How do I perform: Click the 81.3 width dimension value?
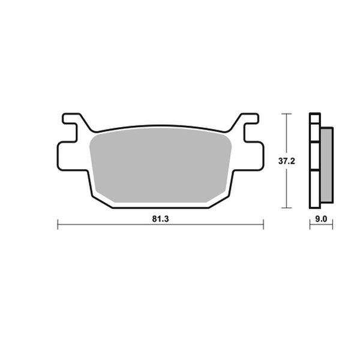[x=160, y=218]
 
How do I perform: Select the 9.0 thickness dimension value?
[x=321, y=219]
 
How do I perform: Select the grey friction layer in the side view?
[x=327, y=165]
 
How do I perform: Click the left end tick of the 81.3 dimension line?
[x=58, y=225]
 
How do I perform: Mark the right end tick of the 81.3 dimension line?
[x=263, y=225]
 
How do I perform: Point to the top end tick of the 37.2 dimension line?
[x=289, y=113]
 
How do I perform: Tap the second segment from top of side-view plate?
[x=314, y=133]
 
